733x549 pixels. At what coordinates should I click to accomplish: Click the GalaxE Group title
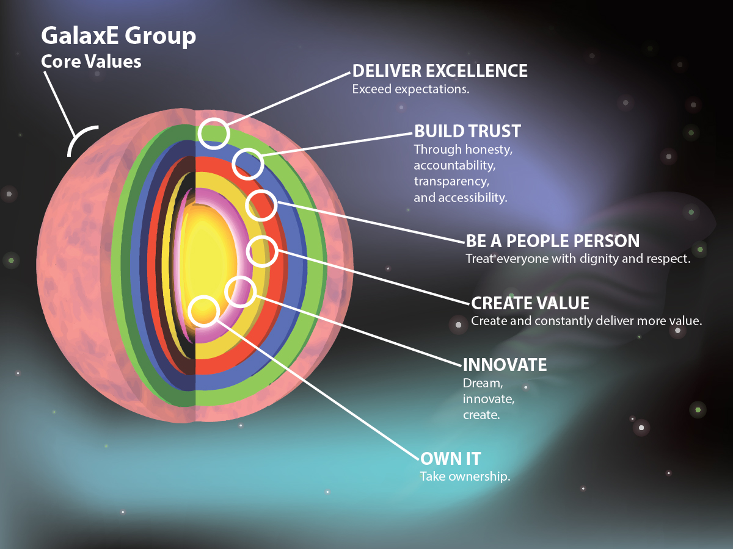pos(119,37)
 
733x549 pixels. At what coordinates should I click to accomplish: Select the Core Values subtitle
pos(91,62)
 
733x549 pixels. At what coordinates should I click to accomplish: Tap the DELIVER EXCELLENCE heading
pos(440,71)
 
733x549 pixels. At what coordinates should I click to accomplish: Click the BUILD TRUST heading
pos(467,131)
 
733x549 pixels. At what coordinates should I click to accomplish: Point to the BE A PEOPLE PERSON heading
pos(553,241)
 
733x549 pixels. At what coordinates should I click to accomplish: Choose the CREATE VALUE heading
pos(530,303)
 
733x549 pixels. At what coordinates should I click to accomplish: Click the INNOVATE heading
pos(505,365)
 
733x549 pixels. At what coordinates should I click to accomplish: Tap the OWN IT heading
pos(450,459)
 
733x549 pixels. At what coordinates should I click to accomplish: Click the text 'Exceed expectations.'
pos(410,89)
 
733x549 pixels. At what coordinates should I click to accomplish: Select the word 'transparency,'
pos(451,182)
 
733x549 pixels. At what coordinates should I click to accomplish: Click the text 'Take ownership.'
pos(465,476)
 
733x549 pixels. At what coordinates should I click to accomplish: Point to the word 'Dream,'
pos(483,384)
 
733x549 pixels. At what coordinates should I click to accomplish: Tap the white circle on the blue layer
pos(248,149)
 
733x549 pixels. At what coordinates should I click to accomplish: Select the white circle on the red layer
pos(261,190)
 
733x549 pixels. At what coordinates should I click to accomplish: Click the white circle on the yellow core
pos(203,296)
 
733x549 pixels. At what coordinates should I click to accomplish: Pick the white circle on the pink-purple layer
pos(241,276)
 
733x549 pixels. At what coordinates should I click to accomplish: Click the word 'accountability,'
pos(455,165)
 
